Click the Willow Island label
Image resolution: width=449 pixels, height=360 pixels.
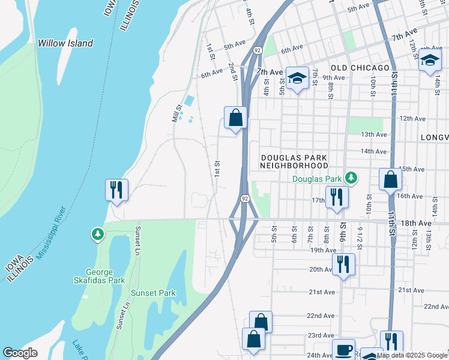65,43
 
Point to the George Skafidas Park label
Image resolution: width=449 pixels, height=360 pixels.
104,275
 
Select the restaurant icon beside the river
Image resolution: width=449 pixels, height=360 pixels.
115,190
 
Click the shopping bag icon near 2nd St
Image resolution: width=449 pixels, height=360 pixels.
236,118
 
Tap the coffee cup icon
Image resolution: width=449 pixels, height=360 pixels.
345,350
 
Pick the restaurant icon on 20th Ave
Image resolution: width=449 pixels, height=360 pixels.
343,264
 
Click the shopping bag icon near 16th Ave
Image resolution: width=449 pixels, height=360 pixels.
390,179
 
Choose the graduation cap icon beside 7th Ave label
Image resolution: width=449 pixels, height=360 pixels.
297,79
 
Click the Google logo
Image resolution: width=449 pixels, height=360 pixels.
20,353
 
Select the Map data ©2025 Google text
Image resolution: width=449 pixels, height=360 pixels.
412,355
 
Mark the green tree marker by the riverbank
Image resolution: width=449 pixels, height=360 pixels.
97,234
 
